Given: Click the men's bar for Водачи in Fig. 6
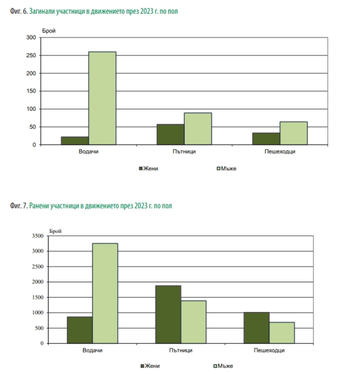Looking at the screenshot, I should (103, 98).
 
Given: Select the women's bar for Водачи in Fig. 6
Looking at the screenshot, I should (75, 141).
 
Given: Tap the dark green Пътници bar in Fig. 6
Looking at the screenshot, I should (170, 135).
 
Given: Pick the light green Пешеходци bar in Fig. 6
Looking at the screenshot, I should (294, 133).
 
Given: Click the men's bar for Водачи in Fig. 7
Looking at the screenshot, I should (104, 293).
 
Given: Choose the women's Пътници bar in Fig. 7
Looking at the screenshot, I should (168, 314).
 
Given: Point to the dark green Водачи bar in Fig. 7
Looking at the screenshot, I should (79, 330).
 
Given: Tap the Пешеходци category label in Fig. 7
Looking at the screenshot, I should (269, 351).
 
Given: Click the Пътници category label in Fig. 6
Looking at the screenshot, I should (184, 152).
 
